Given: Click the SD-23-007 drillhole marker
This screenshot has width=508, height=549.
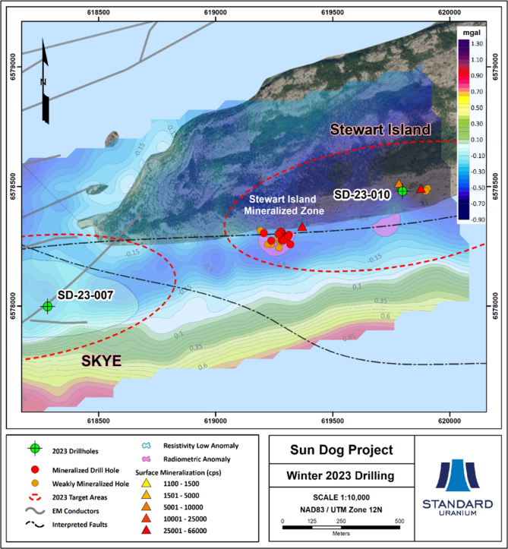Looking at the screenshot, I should click(x=47, y=306).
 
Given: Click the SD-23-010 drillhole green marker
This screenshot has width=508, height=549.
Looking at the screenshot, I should click(x=402, y=191).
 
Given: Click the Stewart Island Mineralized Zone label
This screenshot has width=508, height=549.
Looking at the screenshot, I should click(x=288, y=205).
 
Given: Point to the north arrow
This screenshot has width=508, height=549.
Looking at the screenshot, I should click(x=45, y=84).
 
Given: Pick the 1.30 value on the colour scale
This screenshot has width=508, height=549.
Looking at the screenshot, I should click(x=476, y=44).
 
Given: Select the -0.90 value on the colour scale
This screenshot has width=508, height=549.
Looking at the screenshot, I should click(x=476, y=219).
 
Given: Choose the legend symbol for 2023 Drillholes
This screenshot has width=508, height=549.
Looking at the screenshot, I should click(x=34, y=449).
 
